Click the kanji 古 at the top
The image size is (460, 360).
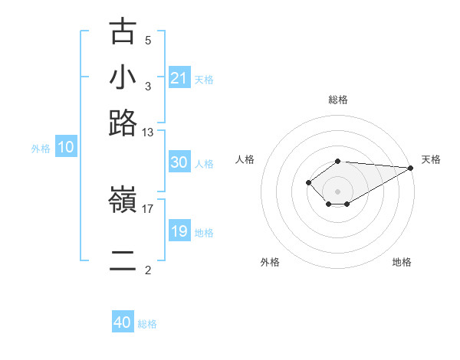click(x=123, y=32)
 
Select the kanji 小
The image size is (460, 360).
click(x=123, y=77)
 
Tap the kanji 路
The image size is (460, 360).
click(x=123, y=123)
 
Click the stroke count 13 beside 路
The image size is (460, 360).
click(x=148, y=132)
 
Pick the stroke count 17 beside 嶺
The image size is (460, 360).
click(x=148, y=208)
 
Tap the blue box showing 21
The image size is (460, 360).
click(x=179, y=77)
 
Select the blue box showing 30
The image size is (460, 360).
click(x=179, y=162)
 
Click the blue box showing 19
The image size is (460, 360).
click(x=179, y=231)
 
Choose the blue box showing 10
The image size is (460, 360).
click(x=66, y=148)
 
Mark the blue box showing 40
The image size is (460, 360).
click(x=123, y=322)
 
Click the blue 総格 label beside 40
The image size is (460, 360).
click(x=147, y=324)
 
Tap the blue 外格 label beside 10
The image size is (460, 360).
click(x=41, y=149)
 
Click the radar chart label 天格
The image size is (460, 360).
click(x=431, y=159)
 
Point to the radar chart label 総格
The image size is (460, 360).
click(x=338, y=100)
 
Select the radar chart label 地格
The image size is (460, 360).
click(x=402, y=262)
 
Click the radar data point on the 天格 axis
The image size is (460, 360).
click(x=411, y=168)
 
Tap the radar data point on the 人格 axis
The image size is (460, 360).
click(x=308, y=182)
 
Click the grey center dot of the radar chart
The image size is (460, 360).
click(x=337, y=191)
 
